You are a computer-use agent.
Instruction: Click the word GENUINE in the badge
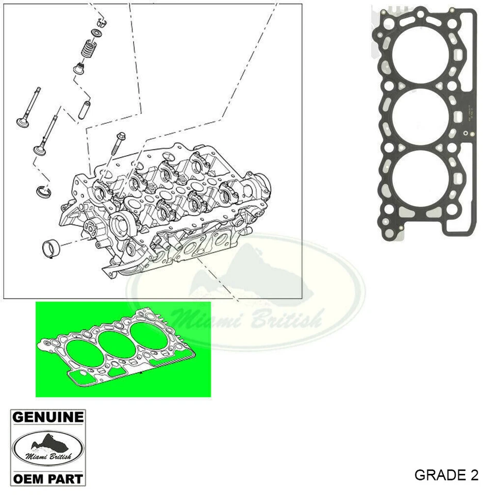click(48, 417)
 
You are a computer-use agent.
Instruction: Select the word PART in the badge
click(63, 478)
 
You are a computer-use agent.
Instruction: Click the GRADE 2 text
click(446, 475)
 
